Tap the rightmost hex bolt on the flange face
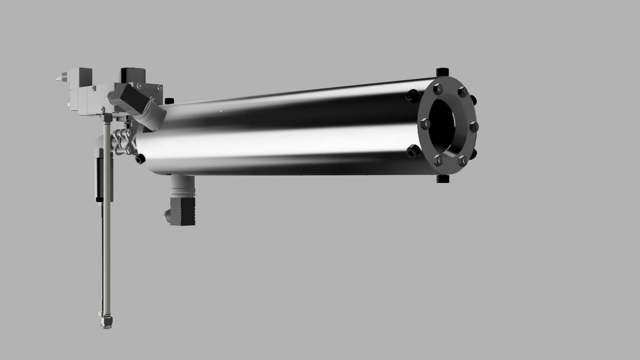pos(474,127)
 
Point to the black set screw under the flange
pos(442,179)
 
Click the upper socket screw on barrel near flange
pos(411,95)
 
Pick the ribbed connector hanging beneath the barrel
pos(182,203)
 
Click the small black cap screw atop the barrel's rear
pos(170,100)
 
